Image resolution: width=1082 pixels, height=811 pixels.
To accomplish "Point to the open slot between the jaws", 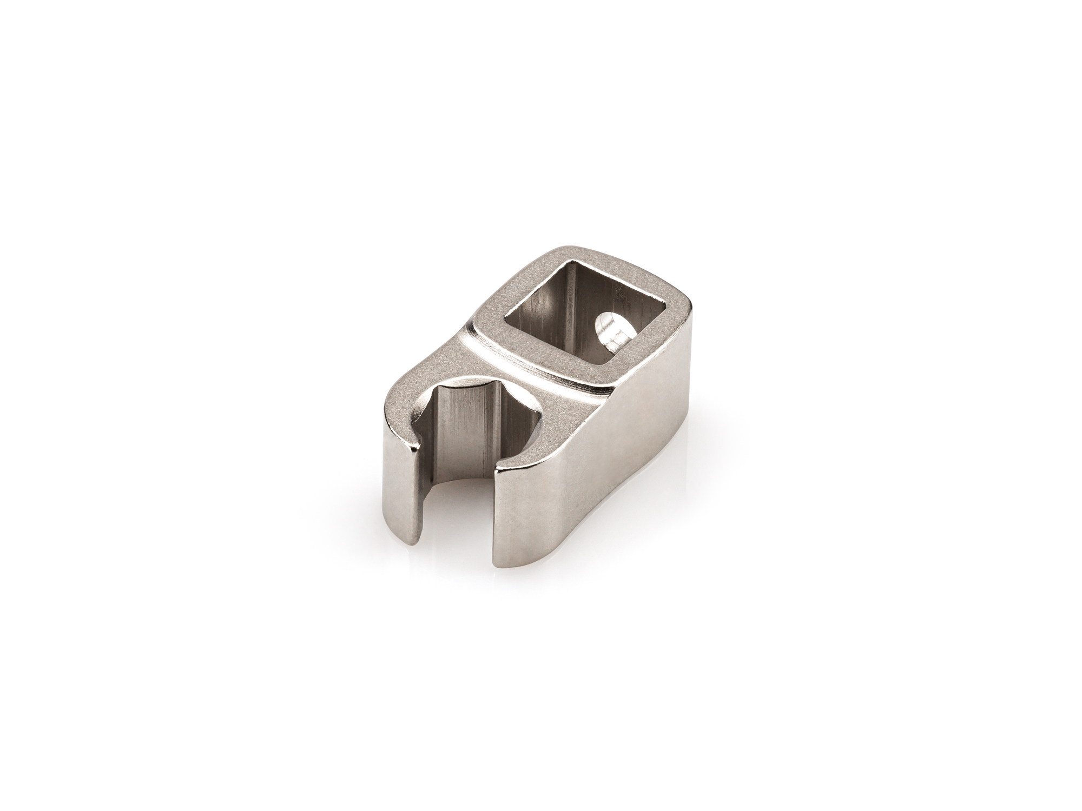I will (457, 503).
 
